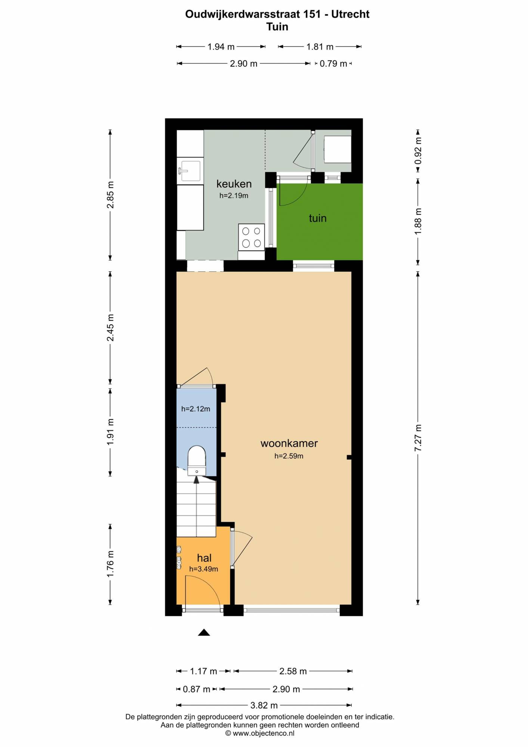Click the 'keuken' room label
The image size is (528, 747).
coord(234,184)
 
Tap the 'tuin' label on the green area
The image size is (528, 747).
coord(318,218)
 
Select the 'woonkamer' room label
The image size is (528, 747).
coord(289,443)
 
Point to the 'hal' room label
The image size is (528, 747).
coord(204,558)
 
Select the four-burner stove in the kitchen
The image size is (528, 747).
coord(251,237)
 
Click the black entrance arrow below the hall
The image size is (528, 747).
coord(204,632)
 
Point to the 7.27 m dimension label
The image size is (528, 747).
coord(418,438)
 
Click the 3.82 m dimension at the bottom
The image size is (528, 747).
coord(264,705)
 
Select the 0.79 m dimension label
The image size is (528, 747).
coord(333,63)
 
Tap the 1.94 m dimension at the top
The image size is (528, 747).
coord(221,47)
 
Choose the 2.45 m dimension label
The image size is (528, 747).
coord(111,328)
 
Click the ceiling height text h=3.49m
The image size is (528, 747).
coord(204,569)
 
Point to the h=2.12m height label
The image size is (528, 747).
coord(196,409)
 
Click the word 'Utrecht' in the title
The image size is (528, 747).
coord(350,14)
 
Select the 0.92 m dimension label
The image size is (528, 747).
coord(418,151)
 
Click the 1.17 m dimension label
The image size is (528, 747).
coord(204,671)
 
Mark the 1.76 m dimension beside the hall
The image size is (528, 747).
coord(111,564)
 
